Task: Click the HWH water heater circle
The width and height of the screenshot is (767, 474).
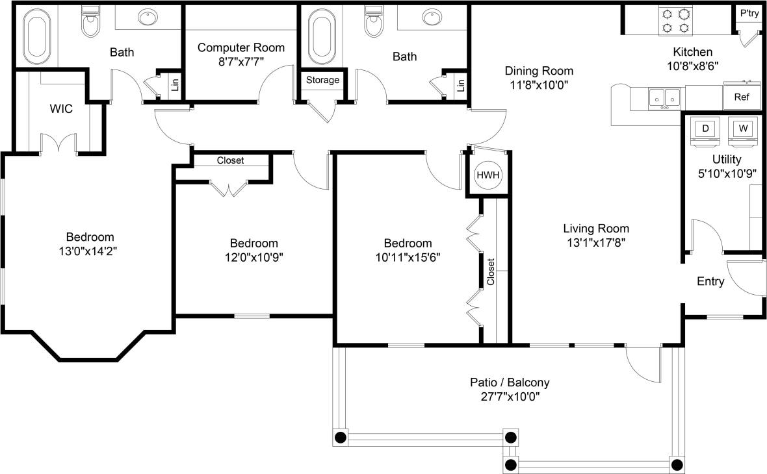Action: (x=487, y=175)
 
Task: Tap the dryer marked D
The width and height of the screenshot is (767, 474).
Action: (x=705, y=129)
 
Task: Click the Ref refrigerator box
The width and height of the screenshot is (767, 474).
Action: (x=742, y=97)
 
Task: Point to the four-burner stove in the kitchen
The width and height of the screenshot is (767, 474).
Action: (x=675, y=20)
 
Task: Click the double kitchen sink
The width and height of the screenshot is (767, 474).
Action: (x=664, y=98)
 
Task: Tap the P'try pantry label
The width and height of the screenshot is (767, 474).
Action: (x=749, y=14)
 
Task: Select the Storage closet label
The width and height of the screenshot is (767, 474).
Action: (x=322, y=80)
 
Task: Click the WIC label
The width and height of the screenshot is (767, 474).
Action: (x=61, y=108)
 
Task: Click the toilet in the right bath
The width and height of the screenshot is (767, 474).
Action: (x=373, y=23)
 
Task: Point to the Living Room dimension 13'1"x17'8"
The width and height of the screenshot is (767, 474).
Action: (x=596, y=242)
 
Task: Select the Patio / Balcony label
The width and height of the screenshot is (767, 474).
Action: (x=504, y=382)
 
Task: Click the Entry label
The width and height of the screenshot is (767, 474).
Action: (x=710, y=281)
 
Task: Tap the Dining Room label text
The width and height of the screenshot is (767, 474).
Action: (x=539, y=71)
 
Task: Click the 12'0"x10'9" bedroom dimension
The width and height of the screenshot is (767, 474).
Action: (x=253, y=256)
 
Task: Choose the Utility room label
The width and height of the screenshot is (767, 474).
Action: (x=726, y=159)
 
